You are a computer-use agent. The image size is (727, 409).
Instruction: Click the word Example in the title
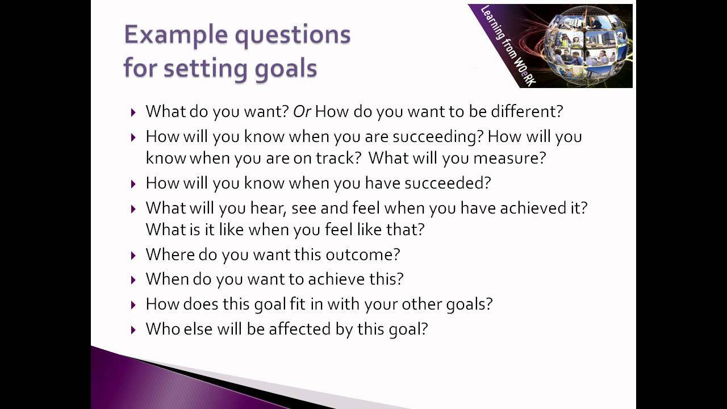coord(168,35)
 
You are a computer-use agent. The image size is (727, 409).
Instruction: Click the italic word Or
coord(302,111)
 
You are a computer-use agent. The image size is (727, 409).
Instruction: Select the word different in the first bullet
coord(525,111)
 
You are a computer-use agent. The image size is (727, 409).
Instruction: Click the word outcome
coord(362,254)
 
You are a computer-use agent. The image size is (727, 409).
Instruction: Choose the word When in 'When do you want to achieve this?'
coord(166,279)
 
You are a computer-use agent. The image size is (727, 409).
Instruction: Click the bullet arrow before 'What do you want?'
coord(133,112)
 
